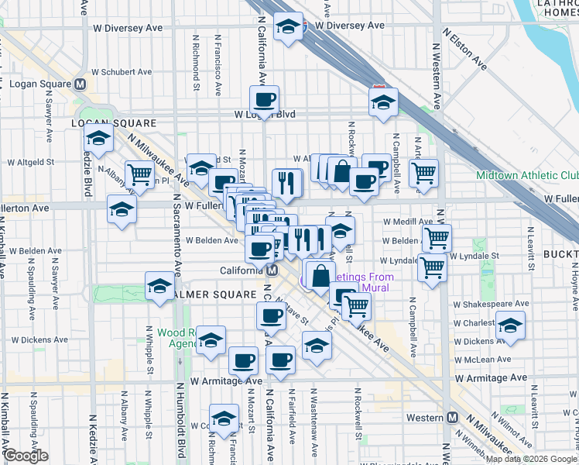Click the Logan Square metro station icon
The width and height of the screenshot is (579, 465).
point(79,84)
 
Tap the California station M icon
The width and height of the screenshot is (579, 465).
point(272,270)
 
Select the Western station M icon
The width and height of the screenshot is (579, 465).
point(453,418)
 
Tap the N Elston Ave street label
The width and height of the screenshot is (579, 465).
point(464,50)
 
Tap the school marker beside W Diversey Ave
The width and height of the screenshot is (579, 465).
point(288,28)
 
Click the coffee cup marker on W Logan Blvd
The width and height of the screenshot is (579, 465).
point(264,99)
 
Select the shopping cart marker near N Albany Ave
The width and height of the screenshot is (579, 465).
point(139,174)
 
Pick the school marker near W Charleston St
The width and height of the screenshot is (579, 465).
point(510,325)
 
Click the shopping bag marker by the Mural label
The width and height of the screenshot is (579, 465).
point(320,275)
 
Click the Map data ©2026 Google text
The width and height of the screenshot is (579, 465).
point(531,459)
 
